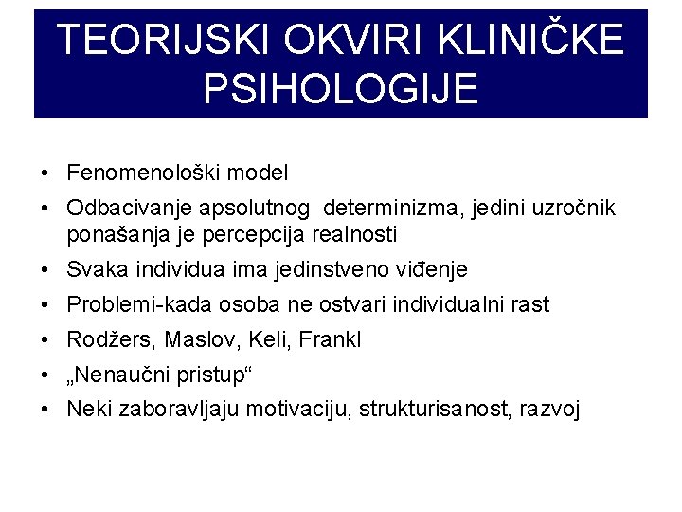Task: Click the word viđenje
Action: coord(430,270)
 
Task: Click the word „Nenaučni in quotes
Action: coord(113,375)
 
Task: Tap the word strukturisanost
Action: coord(438,410)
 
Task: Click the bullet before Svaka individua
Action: coord(45,270)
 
